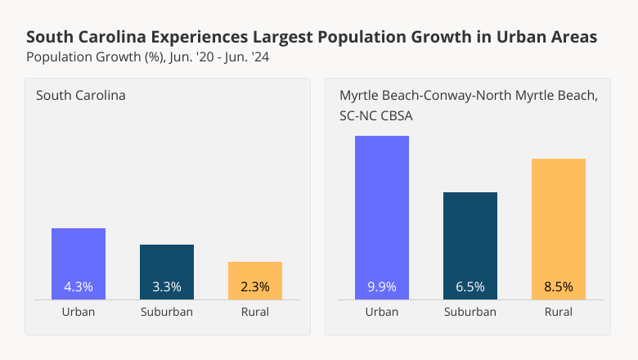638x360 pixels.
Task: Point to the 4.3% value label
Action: (79, 287)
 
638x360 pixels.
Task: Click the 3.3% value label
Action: (167, 287)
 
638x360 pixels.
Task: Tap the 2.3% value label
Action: (255, 287)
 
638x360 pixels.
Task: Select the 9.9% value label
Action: (382, 287)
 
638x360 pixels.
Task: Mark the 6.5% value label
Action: (470, 287)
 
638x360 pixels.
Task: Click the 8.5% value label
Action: (559, 287)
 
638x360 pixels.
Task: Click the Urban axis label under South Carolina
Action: (79, 312)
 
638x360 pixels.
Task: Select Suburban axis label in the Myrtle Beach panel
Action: (470, 312)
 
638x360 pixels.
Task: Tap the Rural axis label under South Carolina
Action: (255, 312)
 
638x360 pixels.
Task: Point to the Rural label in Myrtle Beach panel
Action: (559, 312)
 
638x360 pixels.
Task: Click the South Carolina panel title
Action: (81, 96)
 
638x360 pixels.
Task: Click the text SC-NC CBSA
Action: (376, 116)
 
